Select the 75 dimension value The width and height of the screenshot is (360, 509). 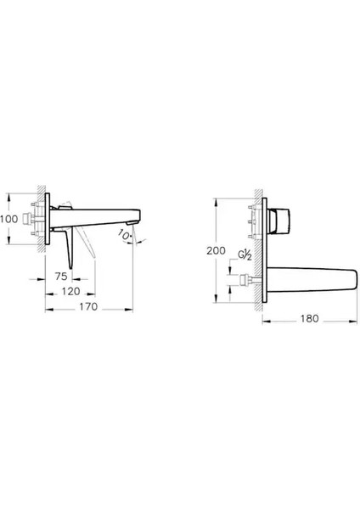62,276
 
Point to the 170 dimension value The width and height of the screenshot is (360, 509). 88,305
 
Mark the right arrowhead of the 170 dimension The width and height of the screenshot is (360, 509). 135,305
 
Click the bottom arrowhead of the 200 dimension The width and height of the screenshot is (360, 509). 228,303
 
